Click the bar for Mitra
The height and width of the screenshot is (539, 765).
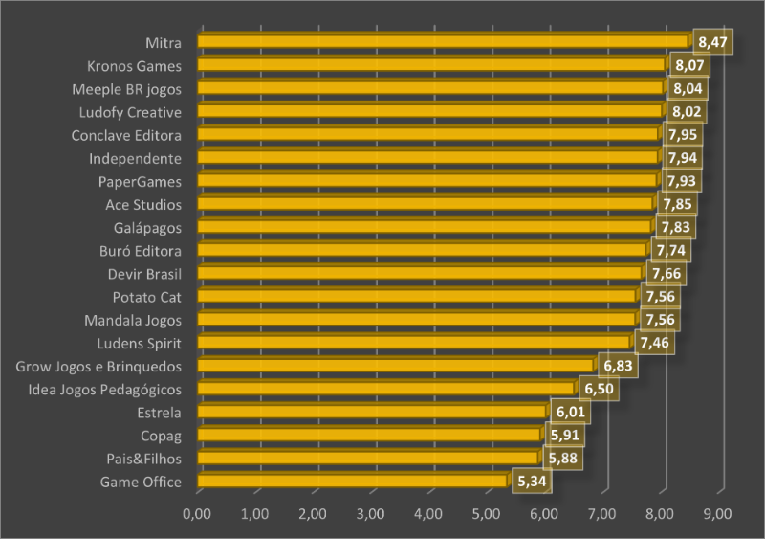443,41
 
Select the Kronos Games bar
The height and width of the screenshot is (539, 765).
430,65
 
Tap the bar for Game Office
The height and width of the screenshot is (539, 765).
352,481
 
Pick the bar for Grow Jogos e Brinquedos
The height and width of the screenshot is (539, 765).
395,365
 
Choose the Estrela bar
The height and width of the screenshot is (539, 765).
371,412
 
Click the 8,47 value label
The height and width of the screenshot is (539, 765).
712,42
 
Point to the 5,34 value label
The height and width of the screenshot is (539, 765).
531,481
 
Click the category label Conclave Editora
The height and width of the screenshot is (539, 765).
126,135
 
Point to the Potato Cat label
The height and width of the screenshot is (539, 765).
146,296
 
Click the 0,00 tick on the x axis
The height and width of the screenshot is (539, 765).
196,514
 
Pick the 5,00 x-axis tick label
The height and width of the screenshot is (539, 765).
486,514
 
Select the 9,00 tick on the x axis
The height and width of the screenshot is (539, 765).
717,514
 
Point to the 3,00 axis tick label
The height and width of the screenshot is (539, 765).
370,514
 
